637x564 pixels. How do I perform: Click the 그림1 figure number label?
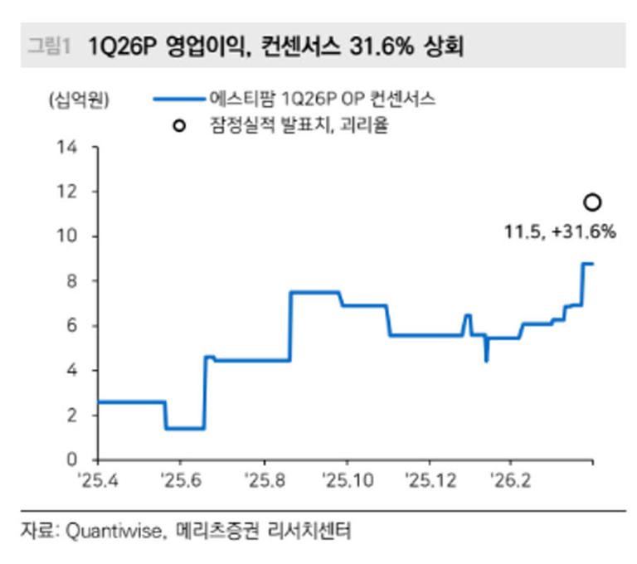[x=48, y=46]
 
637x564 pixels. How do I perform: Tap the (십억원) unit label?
[x=77, y=100]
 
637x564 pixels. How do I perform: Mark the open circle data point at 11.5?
[x=592, y=202]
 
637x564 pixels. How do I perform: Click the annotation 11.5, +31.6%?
[x=560, y=232]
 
